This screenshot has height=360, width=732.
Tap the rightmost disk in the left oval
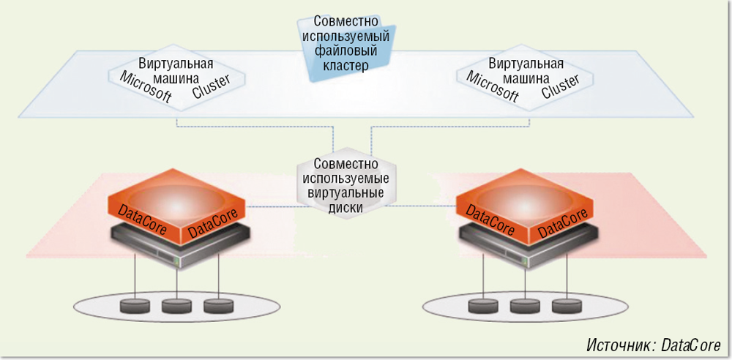coord(218,305)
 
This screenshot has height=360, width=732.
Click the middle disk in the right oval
coord(524,305)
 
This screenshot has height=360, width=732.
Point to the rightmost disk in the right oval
coord(567,305)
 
